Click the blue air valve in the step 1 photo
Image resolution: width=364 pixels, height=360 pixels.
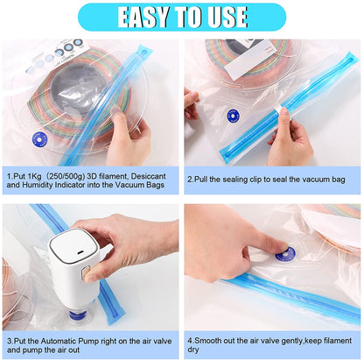[39, 138]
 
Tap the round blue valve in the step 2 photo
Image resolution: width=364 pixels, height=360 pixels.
[233, 116]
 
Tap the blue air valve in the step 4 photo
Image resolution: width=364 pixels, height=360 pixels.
[285, 254]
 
